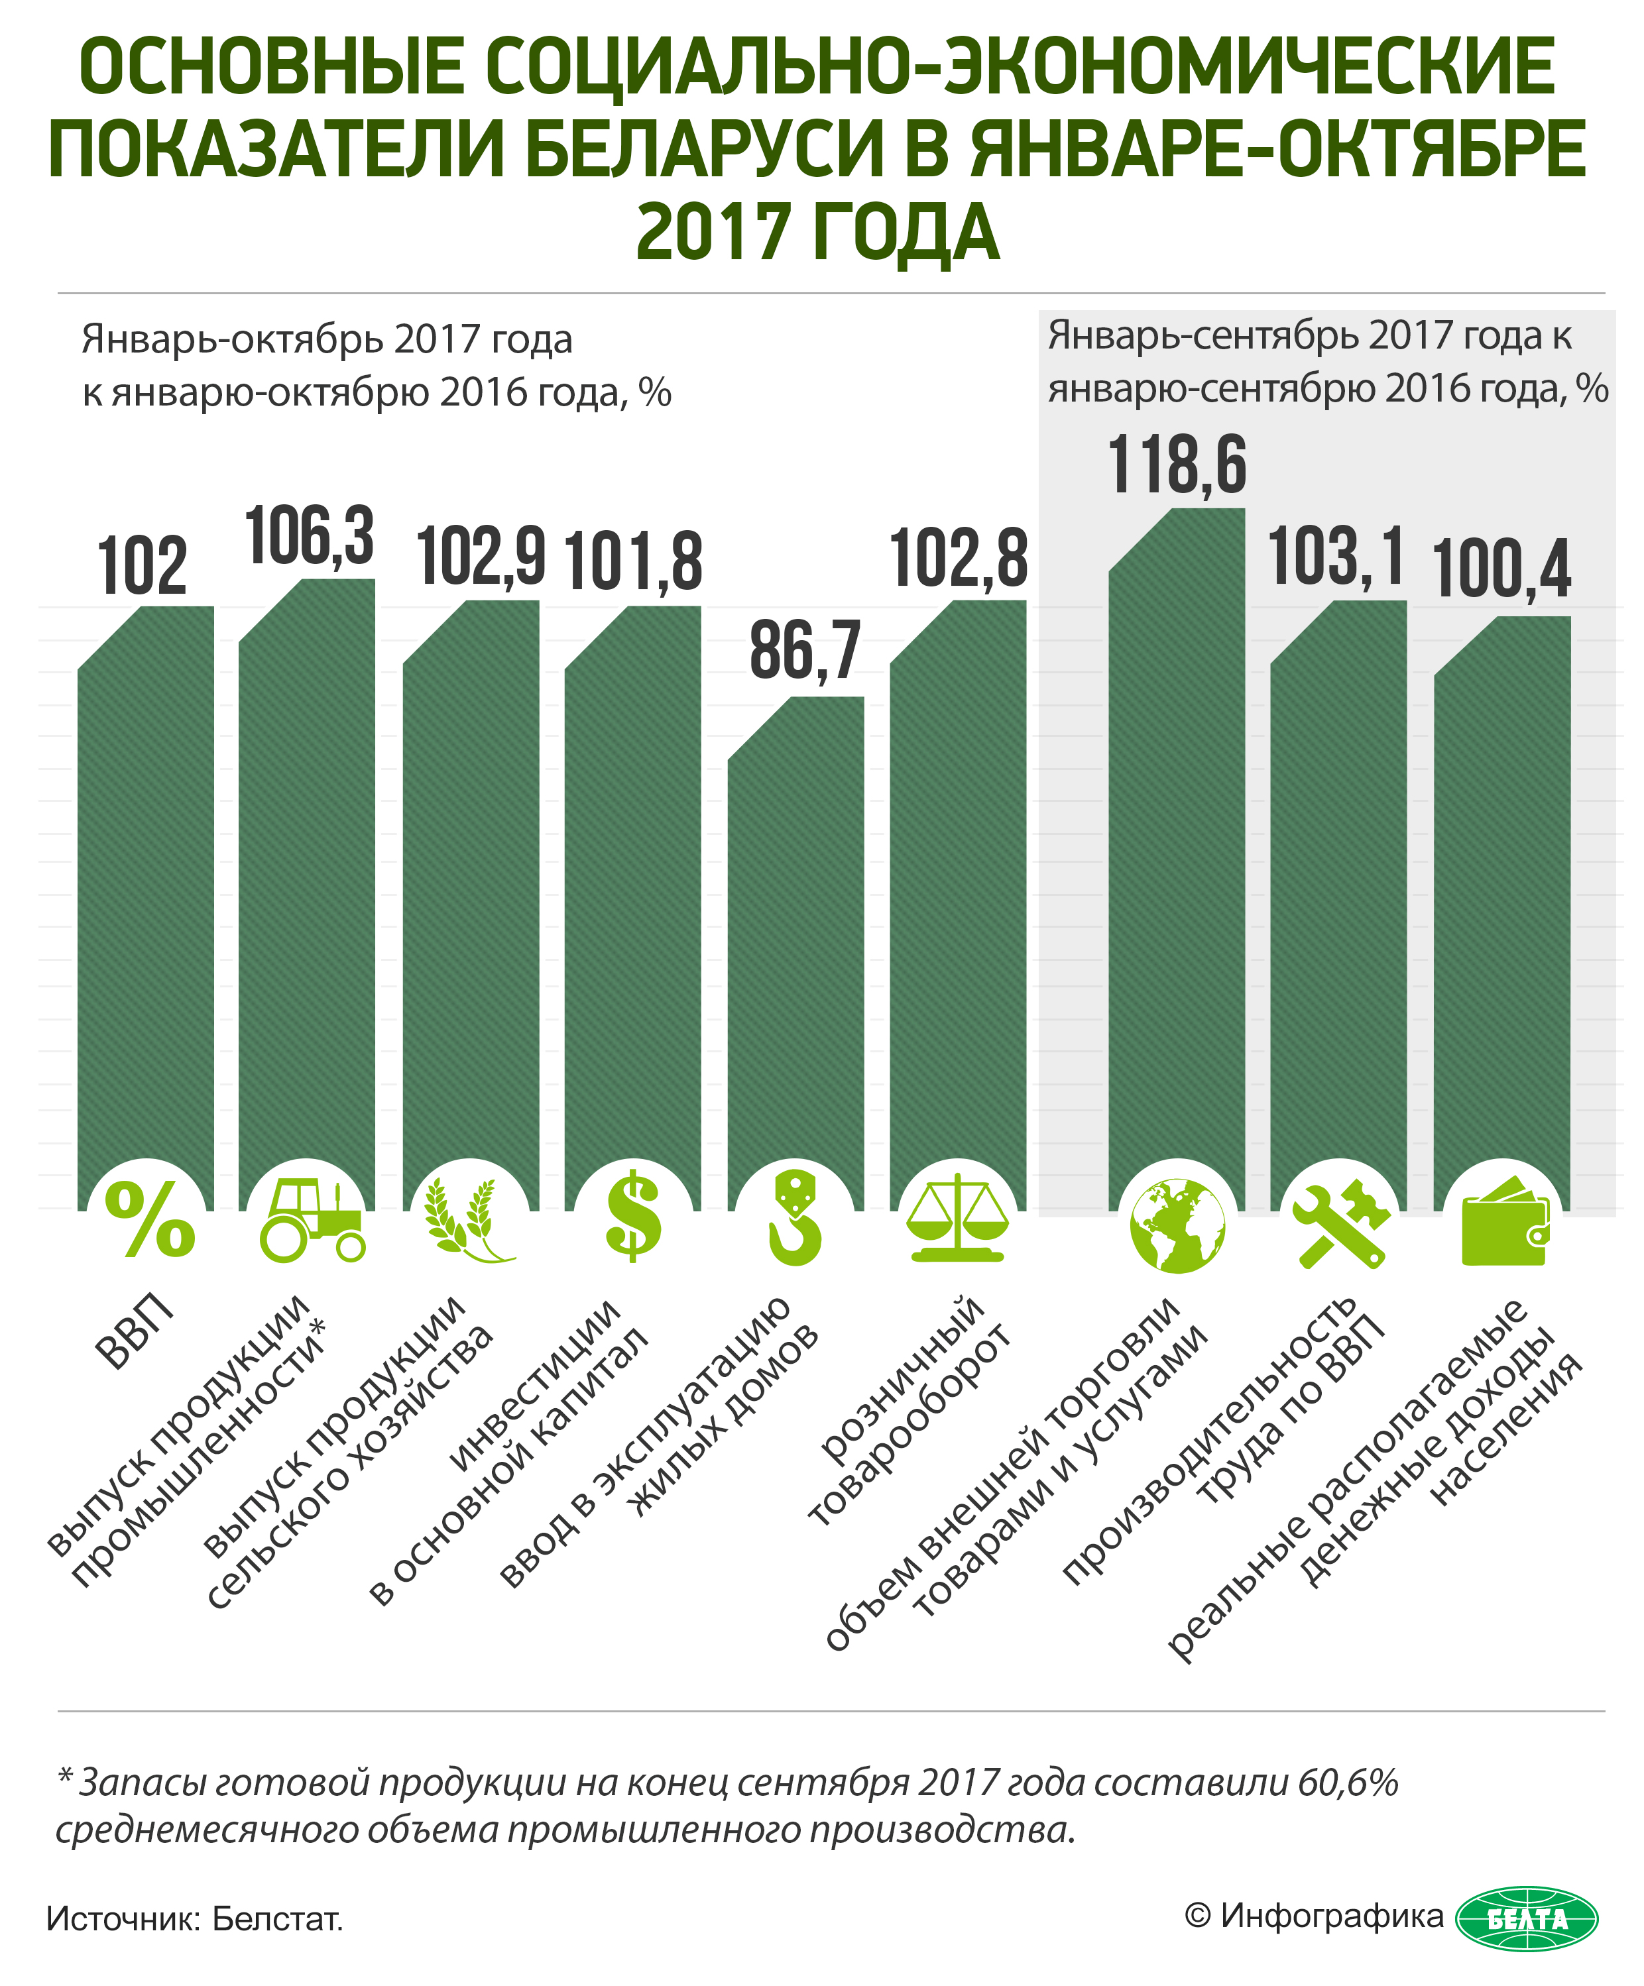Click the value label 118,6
pyautogui.click(x=1177, y=465)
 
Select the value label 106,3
pyautogui.click(x=310, y=536)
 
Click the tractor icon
pyautogui.click(x=310, y=1221)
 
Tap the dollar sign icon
pyautogui.click(x=634, y=1218)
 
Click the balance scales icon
pyautogui.click(x=957, y=1220)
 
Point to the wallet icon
pyautogui.click(x=1505, y=1222)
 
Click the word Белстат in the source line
pyautogui.click(x=276, y=1919)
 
